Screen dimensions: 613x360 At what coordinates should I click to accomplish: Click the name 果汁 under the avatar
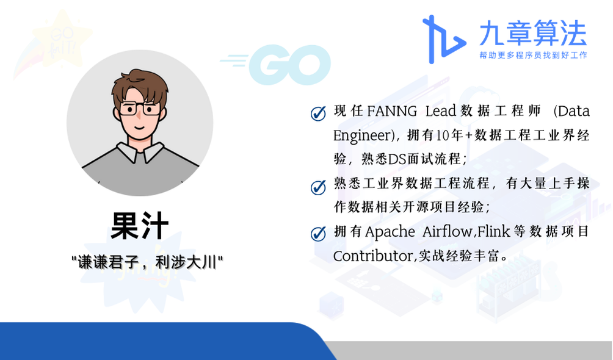(x=140, y=226)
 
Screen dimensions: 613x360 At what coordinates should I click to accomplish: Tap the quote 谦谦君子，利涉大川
(x=147, y=262)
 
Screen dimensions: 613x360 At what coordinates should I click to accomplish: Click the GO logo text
(x=289, y=65)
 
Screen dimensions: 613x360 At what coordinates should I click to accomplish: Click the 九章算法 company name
(x=533, y=34)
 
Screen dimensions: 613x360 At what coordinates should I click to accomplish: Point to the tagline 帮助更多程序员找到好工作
(x=533, y=56)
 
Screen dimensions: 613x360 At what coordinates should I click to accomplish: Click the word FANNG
(x=392, y=112)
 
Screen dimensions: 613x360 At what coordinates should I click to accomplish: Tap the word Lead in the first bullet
(x=441, y=112)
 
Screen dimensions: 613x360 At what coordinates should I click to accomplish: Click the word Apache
(x=390, y=232)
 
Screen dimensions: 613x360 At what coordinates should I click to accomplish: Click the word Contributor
(x=373, y=256)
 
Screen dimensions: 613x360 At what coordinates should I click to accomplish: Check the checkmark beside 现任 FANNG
(x=318, y=113)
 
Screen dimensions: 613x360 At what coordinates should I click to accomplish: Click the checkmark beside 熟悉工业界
(x=318, y=187)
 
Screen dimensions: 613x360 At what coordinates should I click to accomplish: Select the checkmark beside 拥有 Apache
(x=318, y=234)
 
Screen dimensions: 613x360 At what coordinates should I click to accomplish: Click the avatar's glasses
(x=139, y=109)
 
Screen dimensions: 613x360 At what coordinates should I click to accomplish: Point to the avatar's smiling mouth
(x=139, y=127)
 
